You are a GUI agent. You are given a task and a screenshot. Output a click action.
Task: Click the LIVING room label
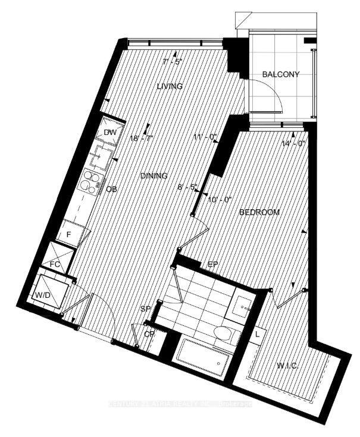tap(170, 86)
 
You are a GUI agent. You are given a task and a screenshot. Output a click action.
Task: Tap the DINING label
tap(154, 176)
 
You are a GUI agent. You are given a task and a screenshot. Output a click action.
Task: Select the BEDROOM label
tap(259, 212)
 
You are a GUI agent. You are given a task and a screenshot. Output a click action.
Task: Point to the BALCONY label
tap(281, 74)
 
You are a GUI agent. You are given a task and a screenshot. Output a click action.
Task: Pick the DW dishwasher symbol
tap(111, 133)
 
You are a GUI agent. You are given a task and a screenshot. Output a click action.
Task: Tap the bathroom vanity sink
tap(244, 306)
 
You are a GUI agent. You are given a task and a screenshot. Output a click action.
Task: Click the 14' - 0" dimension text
tap(293, 143)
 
